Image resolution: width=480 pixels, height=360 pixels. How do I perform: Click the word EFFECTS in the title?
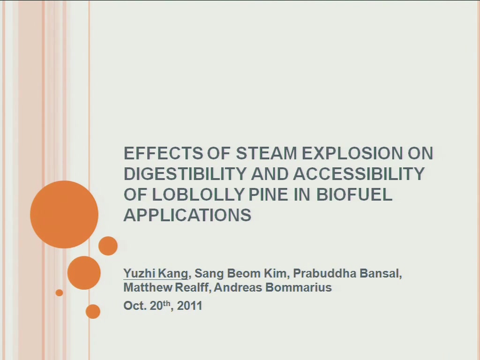(163, 153)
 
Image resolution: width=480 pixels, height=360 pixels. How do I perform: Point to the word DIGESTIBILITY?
(185, 174)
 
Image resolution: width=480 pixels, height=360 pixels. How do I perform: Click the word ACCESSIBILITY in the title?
(359, 174)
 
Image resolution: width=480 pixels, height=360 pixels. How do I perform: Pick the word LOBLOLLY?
(198, 195)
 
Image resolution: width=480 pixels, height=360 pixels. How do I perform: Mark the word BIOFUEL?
(354, 195)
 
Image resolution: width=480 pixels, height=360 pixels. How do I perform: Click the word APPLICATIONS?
(187, 215)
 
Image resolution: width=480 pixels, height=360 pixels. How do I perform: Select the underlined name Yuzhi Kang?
(156, 273)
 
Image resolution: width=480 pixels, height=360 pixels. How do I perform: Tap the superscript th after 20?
(166, 303)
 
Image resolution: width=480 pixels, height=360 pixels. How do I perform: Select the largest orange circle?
(64, 214)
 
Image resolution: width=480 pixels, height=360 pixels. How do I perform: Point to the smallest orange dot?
(59, 292)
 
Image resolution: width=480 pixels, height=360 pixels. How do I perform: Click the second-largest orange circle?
(84, 273)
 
